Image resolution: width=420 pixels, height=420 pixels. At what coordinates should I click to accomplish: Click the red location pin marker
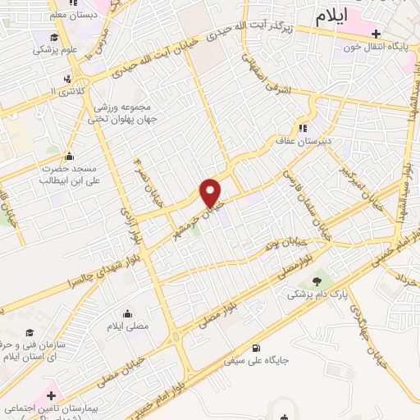211,193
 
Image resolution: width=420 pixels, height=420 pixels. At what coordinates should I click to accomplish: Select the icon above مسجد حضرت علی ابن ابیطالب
68,157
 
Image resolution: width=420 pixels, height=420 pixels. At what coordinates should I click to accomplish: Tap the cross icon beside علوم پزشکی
54,36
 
